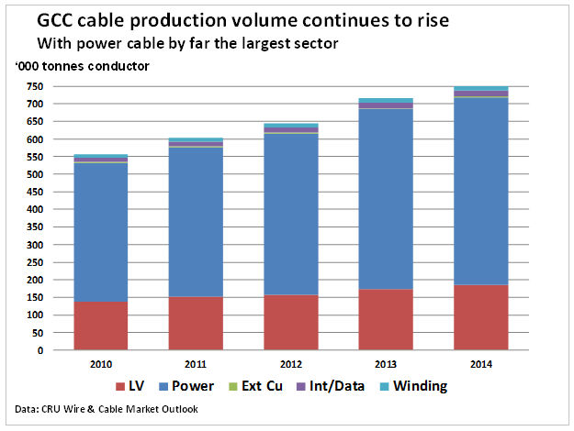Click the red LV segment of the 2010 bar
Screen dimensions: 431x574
[102, 326]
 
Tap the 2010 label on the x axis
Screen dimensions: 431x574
[102, 364]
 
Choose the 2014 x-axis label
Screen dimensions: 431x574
[481, 364]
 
